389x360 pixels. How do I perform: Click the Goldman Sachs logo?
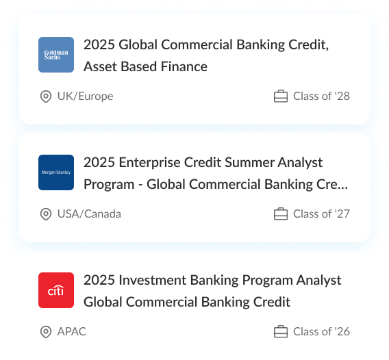pos(56,55)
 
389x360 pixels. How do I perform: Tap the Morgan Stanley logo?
pos(56,172)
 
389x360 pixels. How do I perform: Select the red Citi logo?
pos(56,290)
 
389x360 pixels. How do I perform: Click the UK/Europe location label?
pos(86,97)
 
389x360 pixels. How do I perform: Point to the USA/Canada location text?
pos(89,214)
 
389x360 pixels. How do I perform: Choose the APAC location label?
pos(72,332)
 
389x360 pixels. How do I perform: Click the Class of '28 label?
pos(321,97)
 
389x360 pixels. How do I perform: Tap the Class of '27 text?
pos(321,214)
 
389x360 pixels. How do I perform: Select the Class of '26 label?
pos(321,332)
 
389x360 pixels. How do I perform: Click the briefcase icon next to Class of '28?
pos(281,97)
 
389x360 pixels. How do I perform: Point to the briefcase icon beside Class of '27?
pos(281,214)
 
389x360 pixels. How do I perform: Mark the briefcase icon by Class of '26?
pos(281,332)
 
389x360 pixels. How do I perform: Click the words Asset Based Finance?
pos(145,66)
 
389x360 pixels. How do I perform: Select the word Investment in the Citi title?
pos(153,280)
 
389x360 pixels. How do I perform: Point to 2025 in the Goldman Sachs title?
pos(99,45)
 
